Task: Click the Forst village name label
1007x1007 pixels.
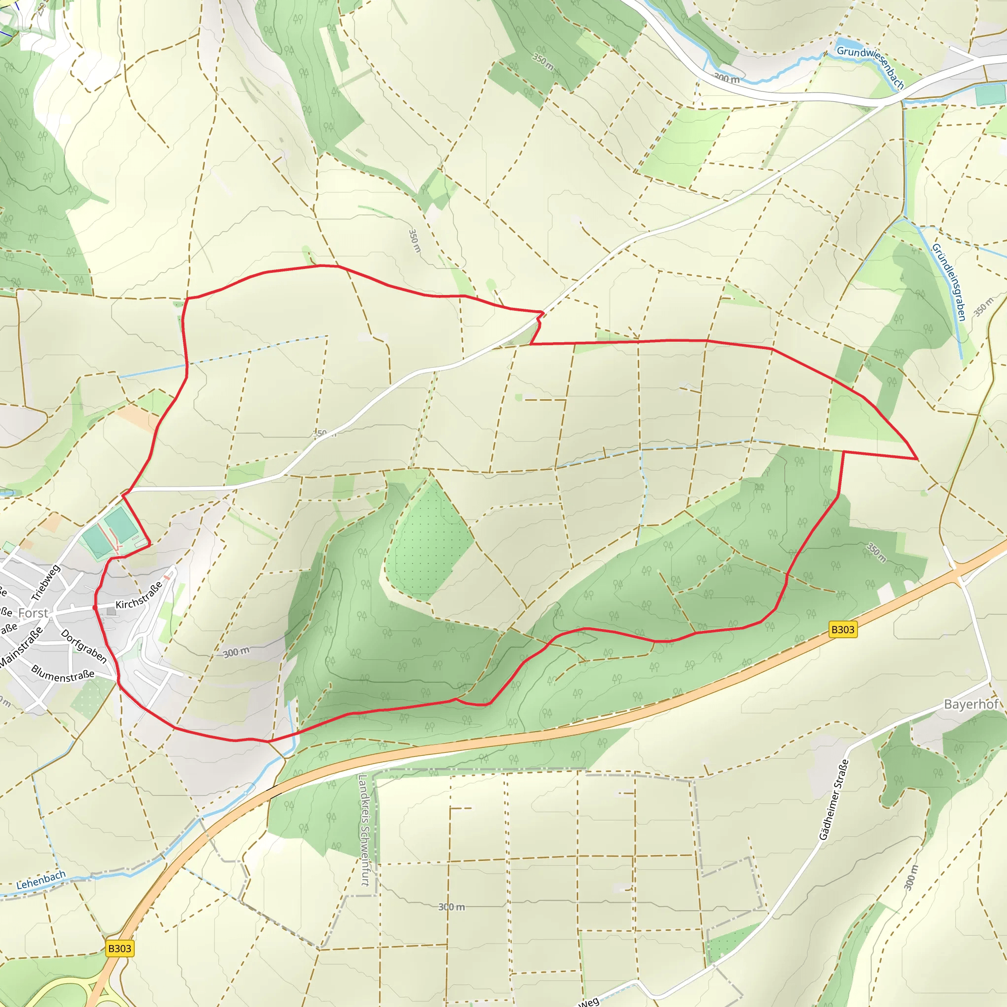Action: click(x=33, y=613)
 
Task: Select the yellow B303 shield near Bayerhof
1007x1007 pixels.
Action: click(x=843, y=630)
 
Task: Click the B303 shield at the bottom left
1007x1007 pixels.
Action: click(x=119, y=948)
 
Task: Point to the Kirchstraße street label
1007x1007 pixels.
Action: click(x=138, y=596)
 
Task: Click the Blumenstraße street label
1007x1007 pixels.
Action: click(x=63, y=674)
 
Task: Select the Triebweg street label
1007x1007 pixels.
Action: click(x=46, y=582)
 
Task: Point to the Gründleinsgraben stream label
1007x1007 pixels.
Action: click(x=949, y=282)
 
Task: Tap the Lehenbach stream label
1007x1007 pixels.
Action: click(x=41, y=880)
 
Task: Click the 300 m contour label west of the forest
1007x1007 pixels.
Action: click(x=236, y=652)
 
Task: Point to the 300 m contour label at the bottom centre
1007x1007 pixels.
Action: click(x=451, y=907)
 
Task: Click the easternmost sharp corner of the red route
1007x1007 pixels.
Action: click(x=917, y=459)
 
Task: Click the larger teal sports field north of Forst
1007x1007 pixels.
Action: click(x=121, y=524)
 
